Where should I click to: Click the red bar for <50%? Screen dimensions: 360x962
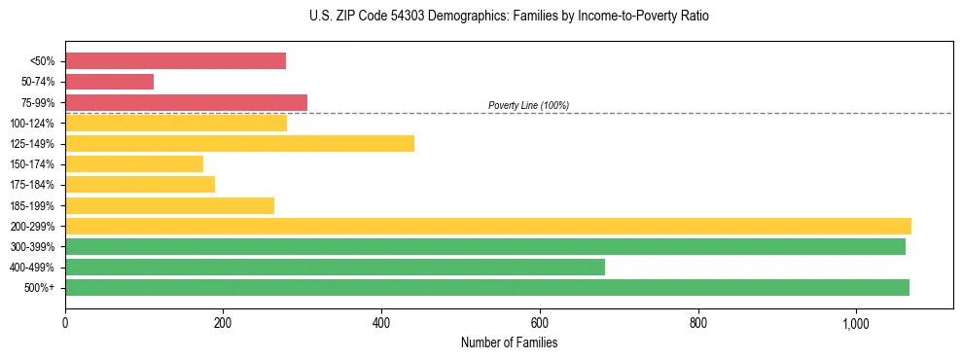175,61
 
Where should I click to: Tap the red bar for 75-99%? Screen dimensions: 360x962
186,102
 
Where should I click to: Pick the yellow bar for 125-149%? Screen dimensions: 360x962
239,144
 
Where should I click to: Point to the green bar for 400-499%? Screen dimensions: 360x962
335,267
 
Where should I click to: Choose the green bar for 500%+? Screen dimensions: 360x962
487,287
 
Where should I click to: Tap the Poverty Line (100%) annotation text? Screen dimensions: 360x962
528,105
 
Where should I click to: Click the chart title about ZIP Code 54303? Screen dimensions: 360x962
481,17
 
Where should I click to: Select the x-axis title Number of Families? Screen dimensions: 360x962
509,342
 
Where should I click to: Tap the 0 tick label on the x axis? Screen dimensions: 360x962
65,322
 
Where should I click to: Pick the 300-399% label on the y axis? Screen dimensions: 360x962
34,247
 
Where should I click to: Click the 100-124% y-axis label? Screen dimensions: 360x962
34,124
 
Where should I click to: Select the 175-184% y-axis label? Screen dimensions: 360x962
34,185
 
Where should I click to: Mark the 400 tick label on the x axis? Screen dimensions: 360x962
381,322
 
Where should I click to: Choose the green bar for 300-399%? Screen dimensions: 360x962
485,246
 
